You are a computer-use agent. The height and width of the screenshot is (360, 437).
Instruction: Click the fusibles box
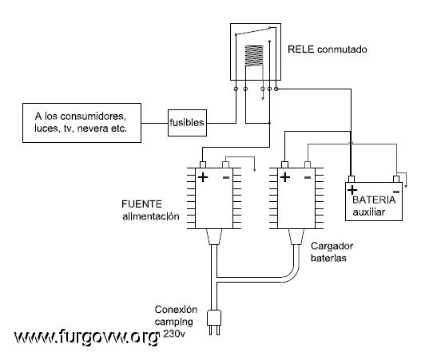[x=187, y=123]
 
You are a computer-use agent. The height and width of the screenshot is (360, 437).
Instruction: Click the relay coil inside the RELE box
[x=254, y=56]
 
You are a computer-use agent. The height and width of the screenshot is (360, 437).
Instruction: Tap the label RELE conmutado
[x=328, y=49]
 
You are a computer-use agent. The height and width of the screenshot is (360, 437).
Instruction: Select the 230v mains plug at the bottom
[x=214, y=322]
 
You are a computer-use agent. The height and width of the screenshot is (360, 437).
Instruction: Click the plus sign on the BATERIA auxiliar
[x=352, y=190]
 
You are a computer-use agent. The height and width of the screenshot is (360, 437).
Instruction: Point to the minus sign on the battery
[x=396, y=192]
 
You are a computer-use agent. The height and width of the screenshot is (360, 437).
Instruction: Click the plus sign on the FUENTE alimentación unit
[x=203, y=177]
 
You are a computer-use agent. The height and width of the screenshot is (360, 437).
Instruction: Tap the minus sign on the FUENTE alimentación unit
[x=226, y=177]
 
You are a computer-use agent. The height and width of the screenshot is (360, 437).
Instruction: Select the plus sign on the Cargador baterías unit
[x=285, y=177]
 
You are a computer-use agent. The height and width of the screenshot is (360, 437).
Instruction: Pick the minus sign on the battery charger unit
[x=308, y=177]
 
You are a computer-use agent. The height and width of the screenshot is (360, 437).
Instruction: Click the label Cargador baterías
[x=332, y=252]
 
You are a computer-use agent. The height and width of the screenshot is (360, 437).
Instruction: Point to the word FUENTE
[x=141, y=204]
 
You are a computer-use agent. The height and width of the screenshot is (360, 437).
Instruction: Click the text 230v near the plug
[x=174, y=334]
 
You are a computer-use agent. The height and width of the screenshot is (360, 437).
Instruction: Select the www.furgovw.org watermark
[x=86, y=337]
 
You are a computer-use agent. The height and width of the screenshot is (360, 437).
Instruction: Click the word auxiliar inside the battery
[x=369, y=212]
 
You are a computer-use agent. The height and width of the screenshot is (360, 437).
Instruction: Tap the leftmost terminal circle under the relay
[x=236, y=89]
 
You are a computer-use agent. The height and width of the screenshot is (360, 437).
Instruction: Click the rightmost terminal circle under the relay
[x=276, y=89]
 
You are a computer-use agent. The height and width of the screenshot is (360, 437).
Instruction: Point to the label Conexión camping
[x=176, y=315]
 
